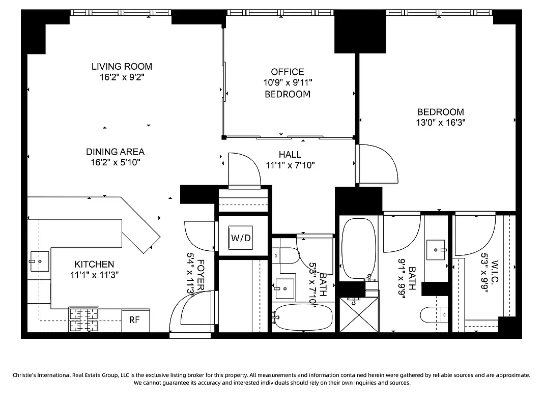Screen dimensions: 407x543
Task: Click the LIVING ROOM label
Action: [122, 66]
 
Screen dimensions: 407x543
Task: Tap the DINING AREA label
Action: [115, 152]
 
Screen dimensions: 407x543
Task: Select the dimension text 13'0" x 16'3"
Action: [440, 123]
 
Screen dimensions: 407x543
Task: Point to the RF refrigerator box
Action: [134, 320]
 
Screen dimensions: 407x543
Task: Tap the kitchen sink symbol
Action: [39, 261]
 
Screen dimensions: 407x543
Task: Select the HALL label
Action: [290, 154]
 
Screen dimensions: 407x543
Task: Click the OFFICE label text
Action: [287, 72]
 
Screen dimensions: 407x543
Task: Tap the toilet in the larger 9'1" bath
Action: [434, 315]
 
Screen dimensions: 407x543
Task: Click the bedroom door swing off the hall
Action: [378, 165]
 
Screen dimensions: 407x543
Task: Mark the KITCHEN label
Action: [94, 264]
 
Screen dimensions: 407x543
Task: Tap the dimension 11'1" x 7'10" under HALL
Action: [290, 165]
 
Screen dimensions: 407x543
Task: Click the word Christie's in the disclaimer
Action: [28, 375]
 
